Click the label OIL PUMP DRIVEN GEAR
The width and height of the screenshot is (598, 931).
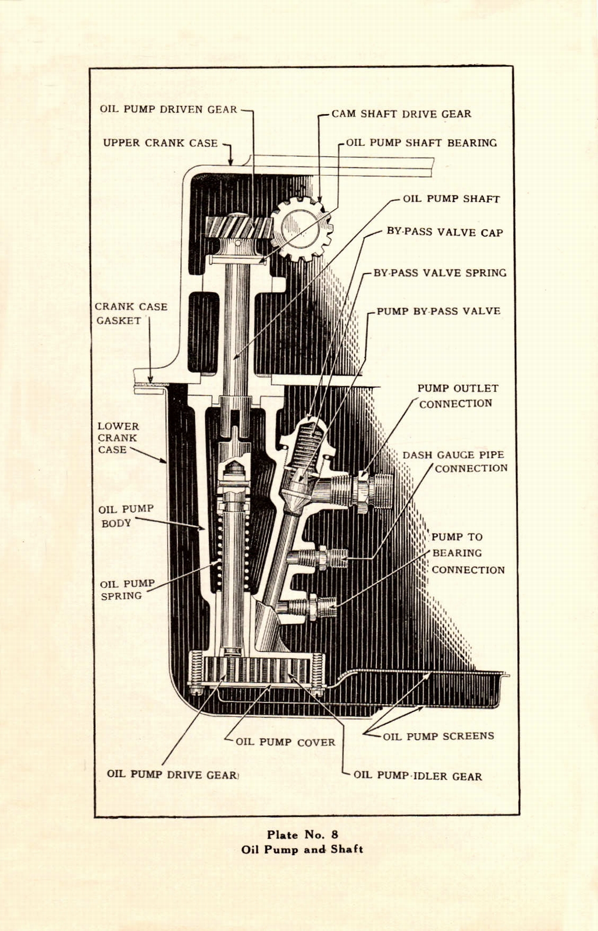coord(168,109)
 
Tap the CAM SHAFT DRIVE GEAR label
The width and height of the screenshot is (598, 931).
coord(401,114)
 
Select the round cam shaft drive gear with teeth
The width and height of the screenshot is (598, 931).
coord(302,229)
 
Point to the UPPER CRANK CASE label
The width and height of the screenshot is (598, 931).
coord(160,143)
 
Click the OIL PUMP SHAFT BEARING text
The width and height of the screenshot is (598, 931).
coord(421,143)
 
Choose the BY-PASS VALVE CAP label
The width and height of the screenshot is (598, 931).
coord(444,232)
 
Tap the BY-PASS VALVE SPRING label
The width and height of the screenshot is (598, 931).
coord(439,273)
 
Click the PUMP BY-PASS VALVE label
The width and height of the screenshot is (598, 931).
coord(438,311)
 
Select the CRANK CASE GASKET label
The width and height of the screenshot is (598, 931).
coord(130,314)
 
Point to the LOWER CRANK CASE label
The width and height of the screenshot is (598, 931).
coord(118,438)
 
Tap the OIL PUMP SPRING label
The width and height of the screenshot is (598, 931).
coord(127,589)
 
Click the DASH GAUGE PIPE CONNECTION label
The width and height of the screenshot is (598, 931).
coord(454,461)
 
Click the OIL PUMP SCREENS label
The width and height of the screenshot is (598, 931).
coord(438,736)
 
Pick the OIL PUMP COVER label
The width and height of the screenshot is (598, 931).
coord(285,742)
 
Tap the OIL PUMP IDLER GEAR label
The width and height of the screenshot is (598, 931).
coord(417,776)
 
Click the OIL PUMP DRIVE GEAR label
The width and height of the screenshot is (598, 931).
coord(172,774)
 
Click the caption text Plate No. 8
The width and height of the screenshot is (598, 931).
coord(302,834)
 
